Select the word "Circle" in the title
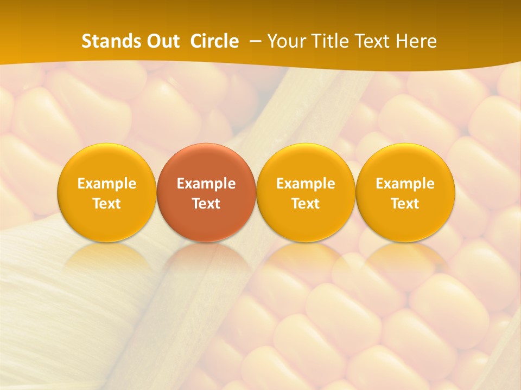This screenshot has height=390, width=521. (x=214, y=41)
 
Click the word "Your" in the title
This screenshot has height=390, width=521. (x=285, y=41)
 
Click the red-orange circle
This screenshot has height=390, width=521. (x=206, y=192)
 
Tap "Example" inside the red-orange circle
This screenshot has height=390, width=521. (x=206, y=184)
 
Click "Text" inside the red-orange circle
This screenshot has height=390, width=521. (x=206, y=204)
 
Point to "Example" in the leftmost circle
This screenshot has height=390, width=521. (x=107, y=184)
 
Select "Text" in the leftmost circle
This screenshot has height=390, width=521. (x=107, y=204)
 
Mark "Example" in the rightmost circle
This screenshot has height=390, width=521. (x=405, y=184)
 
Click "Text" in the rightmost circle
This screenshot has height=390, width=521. (x=405, y=204)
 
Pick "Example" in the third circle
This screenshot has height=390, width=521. (x=306, y=184)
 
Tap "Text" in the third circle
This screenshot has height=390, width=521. (x=306, y=204)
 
